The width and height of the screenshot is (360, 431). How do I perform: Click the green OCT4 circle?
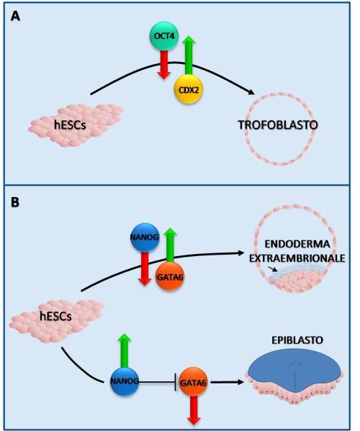[164, 36]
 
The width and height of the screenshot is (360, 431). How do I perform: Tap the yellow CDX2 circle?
[188, 89]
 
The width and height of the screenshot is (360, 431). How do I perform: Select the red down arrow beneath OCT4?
[164, 65]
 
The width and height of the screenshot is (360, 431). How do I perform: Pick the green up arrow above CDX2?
[189, 55]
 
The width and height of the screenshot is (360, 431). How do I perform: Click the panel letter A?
[15, 17]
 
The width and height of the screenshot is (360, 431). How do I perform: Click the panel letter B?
[15, 202]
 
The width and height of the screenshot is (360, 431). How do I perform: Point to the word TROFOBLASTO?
[278, 125]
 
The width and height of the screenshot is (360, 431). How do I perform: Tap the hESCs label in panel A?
[70, 125]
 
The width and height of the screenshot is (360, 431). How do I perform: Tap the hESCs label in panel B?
[55, 317]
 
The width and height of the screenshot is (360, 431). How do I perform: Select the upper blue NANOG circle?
[145, 237]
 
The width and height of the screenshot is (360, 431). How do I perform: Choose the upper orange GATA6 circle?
[170, 276]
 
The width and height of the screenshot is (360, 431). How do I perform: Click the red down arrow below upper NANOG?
[145, 268]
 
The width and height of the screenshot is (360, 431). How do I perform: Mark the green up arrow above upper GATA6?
[170, 245]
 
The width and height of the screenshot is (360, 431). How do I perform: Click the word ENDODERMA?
[297, 244]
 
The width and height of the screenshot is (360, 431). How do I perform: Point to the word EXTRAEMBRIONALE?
[297, 258]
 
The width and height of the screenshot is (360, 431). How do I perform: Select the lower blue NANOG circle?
[125, 381]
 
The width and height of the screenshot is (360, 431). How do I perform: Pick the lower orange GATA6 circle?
[193, 382]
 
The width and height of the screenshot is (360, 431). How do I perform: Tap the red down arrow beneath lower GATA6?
[194, 410]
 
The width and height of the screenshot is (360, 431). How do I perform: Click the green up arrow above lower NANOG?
[125, 350]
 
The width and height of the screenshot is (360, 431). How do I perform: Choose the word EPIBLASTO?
[297, 340]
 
